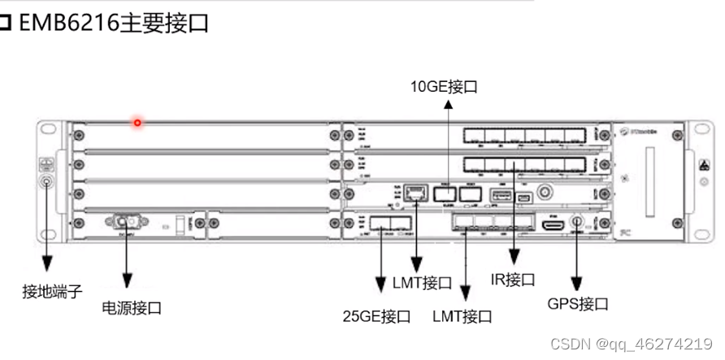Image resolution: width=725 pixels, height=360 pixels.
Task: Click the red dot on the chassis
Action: (138, 124)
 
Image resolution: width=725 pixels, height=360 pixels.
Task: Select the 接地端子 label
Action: (52, 290)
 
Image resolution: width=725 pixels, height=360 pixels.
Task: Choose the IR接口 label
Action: (513, 280)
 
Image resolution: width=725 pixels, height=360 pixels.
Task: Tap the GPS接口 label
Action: (577, 304)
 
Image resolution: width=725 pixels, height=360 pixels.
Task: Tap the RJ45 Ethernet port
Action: (417, 193)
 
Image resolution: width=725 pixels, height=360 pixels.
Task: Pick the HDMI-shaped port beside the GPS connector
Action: (554, 222)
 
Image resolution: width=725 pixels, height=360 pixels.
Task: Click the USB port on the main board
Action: (497, 194)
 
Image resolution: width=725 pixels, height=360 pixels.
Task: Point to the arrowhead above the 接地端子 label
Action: (46, 264)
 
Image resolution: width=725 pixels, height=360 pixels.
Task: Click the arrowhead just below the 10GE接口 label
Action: (448, 106)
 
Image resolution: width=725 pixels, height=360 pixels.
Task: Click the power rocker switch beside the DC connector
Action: (173, 223)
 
